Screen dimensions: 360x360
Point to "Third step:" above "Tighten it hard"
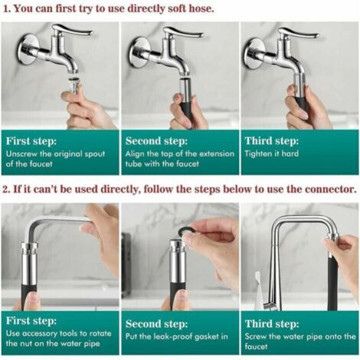pos(271,141)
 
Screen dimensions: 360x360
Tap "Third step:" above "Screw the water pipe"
pos(271,322)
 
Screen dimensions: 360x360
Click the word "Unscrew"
pos(23,153)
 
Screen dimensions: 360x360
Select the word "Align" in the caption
pos(138,153)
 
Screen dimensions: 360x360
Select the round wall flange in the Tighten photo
pos(254,53)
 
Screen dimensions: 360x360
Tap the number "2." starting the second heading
pos(8,188)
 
